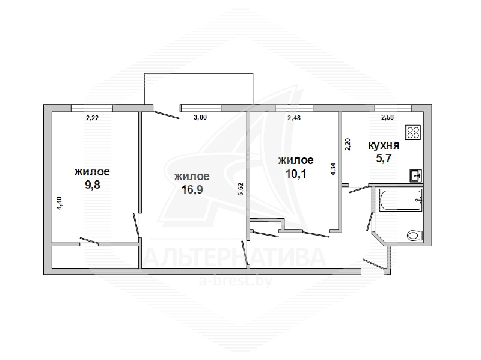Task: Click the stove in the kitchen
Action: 413,132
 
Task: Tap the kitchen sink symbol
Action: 415,175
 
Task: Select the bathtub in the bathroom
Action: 400,200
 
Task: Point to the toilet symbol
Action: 414,236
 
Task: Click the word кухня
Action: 384,145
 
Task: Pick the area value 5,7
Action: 384,159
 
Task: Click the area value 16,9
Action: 192,189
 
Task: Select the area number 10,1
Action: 296,174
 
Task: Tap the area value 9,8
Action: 93,185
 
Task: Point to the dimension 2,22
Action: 92,118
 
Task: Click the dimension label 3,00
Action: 200,117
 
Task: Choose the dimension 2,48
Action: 294,118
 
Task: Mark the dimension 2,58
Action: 387,117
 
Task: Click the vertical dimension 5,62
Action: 240,189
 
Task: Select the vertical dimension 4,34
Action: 334,169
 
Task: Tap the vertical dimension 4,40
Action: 60,203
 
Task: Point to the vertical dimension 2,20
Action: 348,144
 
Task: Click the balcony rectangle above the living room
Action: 198,89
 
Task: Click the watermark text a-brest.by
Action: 236,281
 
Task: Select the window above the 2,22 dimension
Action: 92,108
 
